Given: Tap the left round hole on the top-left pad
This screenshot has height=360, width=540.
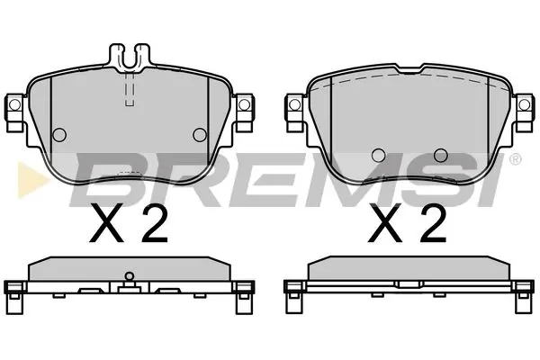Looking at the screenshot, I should [x=60, y=135].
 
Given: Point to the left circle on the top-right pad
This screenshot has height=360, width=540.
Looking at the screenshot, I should [x=379, y=154].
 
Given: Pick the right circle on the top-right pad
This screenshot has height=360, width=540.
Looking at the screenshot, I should [x=440, y=154].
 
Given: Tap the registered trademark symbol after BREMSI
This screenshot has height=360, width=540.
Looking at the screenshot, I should [x=514, y=160].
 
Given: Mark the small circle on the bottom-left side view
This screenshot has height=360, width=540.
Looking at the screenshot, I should [x=129, y=276].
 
